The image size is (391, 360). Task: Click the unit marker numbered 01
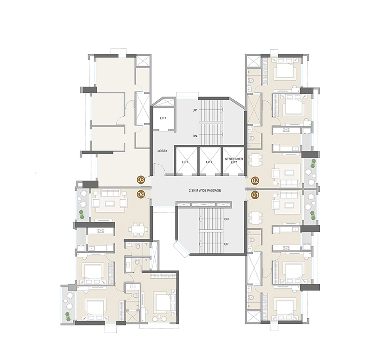(256, 193)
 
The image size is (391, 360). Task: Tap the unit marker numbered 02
(256, 180)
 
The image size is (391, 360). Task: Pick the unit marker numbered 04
(140, 193)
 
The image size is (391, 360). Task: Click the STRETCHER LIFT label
(233, 162)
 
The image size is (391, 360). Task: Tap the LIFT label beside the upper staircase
(163, 118)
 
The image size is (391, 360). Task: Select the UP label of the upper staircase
(194, 110)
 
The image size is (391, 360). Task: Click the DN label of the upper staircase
(194, 136)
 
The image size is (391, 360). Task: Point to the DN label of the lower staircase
(226, 219)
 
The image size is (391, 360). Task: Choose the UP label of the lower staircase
(226, 244)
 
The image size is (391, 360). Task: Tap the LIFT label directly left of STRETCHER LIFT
(210, 162)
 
